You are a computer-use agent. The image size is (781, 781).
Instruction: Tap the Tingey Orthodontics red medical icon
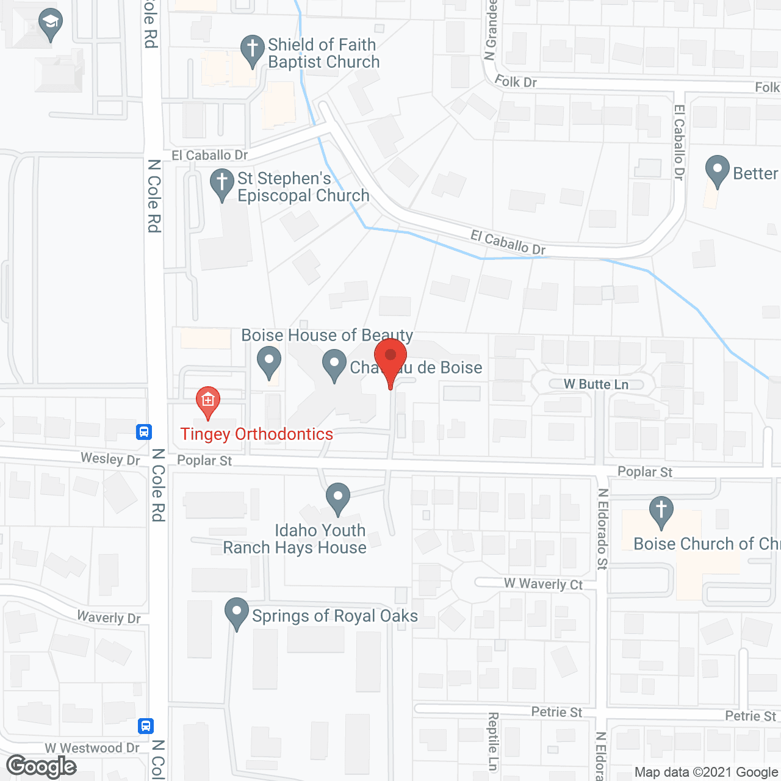coord(208,401)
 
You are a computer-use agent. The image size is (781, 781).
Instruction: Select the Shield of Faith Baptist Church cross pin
coord(252,49)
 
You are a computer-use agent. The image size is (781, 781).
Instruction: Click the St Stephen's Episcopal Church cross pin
coord(221,183)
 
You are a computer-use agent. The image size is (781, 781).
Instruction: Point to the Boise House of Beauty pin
coord(268,361)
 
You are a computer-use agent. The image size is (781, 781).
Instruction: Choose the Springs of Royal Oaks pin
coord(237,613)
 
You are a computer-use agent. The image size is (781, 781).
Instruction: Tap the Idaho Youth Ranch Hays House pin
coord(337,497)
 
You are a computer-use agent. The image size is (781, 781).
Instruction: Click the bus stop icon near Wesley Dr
coord(144,432)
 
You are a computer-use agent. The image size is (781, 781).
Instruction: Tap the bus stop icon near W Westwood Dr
coord(146,725)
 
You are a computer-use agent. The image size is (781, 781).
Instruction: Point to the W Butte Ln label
coord(596,384)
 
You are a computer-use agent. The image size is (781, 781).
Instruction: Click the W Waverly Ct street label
coord(543,584)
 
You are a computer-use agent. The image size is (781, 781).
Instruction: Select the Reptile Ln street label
coord(493,741)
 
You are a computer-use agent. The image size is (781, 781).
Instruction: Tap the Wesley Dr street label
coord(110,459)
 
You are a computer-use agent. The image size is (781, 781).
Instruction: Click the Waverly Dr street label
coord(109,617)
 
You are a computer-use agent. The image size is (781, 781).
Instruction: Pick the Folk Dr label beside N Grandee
coord(516,81)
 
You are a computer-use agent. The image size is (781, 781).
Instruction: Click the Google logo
coord(41,766)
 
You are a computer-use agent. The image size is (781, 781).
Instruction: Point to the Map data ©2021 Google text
coord(706,772)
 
